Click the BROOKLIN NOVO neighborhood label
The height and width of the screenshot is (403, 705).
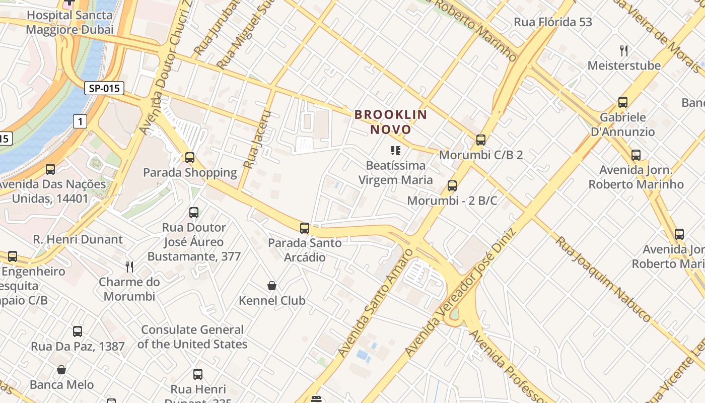click(391, 122)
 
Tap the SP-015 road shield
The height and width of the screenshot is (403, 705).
click(104, 89)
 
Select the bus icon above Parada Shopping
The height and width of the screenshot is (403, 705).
click(190, 158)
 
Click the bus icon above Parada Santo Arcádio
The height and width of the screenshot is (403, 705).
click(305, 228)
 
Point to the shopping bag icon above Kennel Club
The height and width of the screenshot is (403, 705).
click(272, 286)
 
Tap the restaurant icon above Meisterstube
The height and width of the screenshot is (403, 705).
click(624, 51)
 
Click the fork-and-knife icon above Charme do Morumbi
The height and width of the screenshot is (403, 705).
click(129, 267)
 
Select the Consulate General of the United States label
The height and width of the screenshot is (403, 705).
click(192, 337)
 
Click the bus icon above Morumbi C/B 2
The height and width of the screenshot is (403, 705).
click(481, 140)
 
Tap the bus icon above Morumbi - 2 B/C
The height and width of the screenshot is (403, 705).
click(452, 186)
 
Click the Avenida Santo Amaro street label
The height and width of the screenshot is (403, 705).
click(375, 303)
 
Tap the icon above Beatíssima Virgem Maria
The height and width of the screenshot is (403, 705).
click(395, 151)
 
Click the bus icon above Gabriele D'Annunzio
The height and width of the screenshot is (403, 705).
click(623, 102)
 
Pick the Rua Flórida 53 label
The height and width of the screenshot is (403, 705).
click(553, 22)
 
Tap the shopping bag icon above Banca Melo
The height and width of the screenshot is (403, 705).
click(61, 370)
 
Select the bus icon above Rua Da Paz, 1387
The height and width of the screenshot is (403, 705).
click(78, 331)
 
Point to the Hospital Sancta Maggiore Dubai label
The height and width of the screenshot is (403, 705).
click(69, 22)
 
